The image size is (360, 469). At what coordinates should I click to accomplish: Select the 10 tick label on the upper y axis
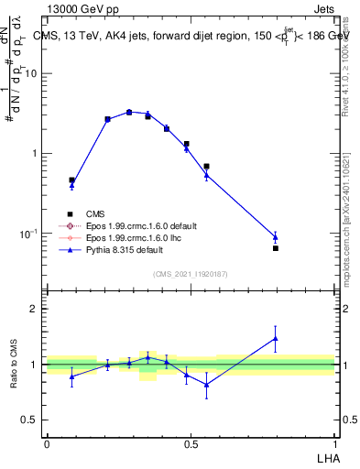pos(30,73)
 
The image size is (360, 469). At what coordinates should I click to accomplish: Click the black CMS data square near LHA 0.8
pos(275,248)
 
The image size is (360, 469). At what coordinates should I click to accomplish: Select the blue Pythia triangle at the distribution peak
pos(129,112)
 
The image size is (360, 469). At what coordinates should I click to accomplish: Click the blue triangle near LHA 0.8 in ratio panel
pos(275,338)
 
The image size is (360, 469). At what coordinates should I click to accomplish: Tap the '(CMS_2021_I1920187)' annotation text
pos(191,273)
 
